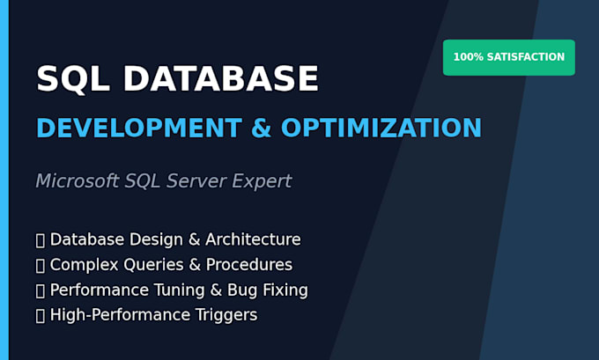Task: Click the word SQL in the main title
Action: point(73,79)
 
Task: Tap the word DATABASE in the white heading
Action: point(221,78)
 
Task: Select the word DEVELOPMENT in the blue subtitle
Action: point(139,128)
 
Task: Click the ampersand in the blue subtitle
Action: point(262,128)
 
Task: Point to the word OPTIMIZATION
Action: point(381,128)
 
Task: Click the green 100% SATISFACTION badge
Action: point(509,57)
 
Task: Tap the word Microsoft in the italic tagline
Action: point(78,180)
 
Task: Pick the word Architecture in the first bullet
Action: point(253,239)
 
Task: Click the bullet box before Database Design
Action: point(41,240)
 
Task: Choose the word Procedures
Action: point(249,265)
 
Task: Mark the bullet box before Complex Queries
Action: point(41,266)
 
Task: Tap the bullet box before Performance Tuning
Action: point(41,290)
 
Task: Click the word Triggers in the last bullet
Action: point(226,315)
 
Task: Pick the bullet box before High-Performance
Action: point(41,316)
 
